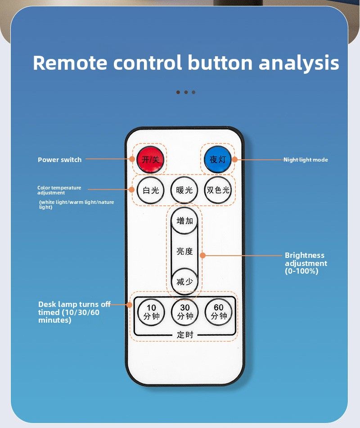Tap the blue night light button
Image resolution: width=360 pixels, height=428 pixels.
pyautogui.click(x=218, y=159)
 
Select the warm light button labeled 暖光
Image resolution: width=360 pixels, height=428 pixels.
pyautogui.click(x=184, y=190)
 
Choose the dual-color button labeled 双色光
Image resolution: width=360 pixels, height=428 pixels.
pyautogui.click(x=218, y=190)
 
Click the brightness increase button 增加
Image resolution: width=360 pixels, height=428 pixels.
pyautogui.click(x=184, y=221)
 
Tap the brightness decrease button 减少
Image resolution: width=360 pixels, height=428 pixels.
pyautogui.click(x=184, y=282)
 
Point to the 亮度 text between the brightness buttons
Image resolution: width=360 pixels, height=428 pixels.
pyautogui.click(x=184, y=251)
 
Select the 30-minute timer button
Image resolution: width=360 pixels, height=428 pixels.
pyautogui.click(x=184, y=312)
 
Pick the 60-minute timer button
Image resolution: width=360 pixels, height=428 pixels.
pyautogui.click(x=218, y=312)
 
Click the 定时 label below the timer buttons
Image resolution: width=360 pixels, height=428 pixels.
pyautogui.click(x=184, y=334)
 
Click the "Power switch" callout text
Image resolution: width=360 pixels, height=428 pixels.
pyautogui.click(x=59, y=160)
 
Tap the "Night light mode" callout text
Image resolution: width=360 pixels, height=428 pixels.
pyautogui.click(x=306, y=160)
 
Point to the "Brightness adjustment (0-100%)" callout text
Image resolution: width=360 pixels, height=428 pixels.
pyautogui.click(x=306, y=263)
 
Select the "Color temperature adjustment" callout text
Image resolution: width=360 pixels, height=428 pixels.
pyautogui.click(x=59, y=190)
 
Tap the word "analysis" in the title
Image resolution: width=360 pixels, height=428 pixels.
pyautogui.click(x=298, y=63)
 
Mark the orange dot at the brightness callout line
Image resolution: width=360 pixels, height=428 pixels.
pyautogui.click(x=202, y=255)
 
